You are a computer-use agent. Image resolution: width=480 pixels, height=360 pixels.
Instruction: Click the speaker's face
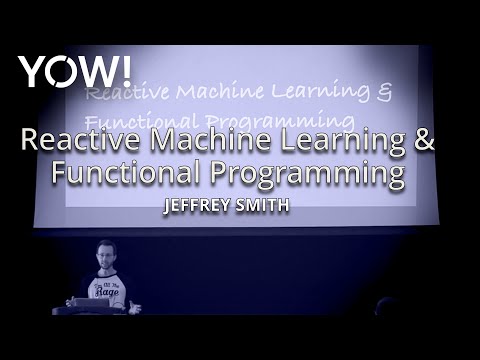[105, 255]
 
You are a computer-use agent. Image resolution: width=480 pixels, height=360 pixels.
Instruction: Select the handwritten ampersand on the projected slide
[384, 92]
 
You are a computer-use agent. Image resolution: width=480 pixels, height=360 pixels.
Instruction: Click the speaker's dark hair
[105, 243]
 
